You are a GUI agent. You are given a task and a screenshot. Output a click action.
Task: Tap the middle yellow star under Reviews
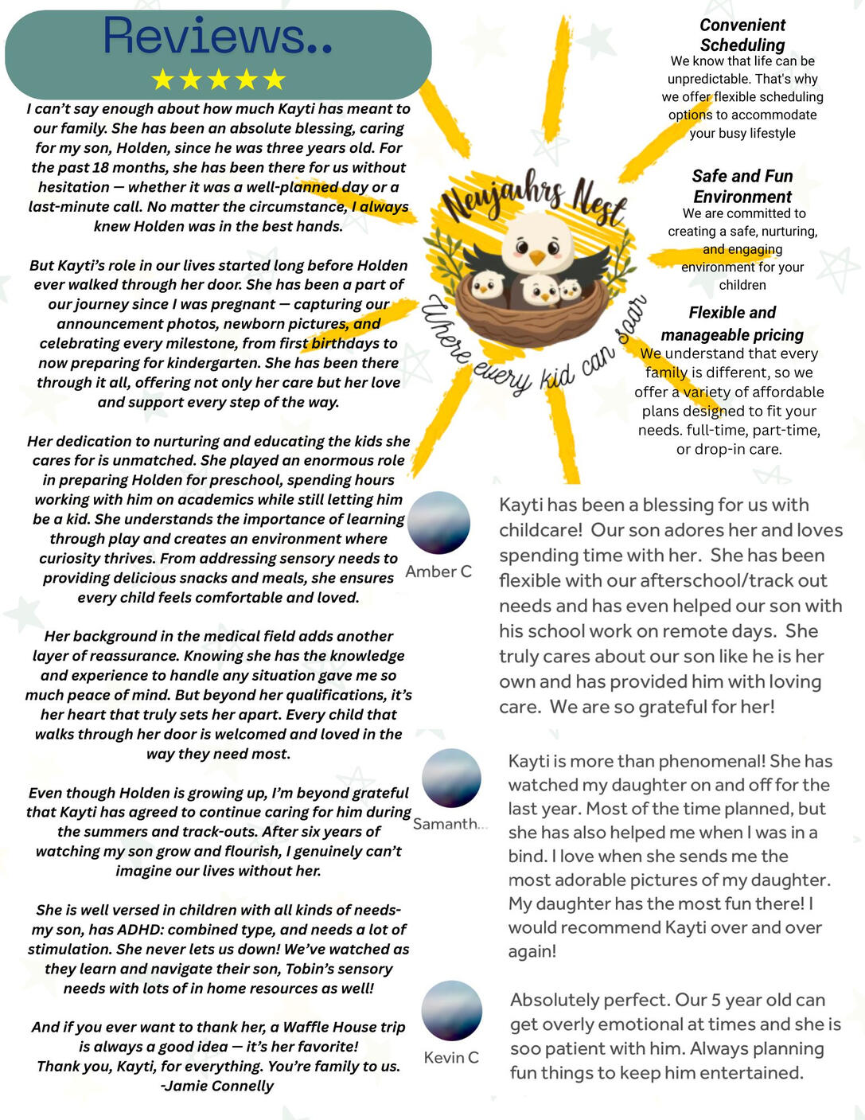pos(218,79)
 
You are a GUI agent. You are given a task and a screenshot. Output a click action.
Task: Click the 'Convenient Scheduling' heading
pos(742,35)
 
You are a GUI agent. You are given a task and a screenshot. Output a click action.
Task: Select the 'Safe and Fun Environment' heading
pos(742,186)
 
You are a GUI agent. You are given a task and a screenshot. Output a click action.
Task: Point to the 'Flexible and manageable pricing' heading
pos(732,323)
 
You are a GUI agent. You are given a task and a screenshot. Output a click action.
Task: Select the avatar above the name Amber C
pos(438,522)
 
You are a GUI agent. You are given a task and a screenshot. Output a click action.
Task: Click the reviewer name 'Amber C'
pos(438,572)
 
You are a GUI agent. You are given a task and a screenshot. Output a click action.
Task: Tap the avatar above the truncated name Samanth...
pos(451,778)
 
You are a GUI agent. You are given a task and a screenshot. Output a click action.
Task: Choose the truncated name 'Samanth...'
pos(450,824)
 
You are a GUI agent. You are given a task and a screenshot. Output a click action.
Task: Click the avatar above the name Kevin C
pos(451,1010)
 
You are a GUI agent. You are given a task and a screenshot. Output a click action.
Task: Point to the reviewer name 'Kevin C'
pos(451,1057)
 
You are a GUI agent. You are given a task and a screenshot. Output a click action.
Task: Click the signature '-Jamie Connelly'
pos(217,1086)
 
